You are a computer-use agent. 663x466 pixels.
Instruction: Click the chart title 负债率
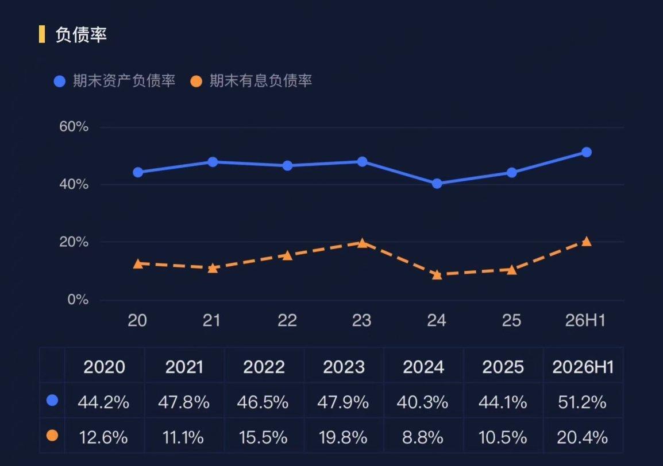[x=81, y=34]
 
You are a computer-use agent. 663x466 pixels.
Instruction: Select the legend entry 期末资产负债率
[x=114, y=81]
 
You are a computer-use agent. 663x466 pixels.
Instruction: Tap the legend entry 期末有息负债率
[x=251, y=81]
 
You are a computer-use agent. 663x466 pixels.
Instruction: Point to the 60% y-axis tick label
[x=74, y=126]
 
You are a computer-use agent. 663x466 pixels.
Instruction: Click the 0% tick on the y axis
[x=78, y=300]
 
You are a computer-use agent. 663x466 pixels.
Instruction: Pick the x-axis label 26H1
[x=585, y=320]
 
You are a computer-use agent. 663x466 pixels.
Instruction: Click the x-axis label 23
[x=361, y=320]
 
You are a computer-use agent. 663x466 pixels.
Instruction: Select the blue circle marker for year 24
[x=437, y=183]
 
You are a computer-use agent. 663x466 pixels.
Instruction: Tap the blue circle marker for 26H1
[x=587, y=152]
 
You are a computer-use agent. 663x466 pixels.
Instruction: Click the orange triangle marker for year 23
[x=362, y=243]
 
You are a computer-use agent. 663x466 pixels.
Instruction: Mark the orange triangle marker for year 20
[x=138, y=264]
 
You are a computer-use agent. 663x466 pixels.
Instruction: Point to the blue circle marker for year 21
[x=213, y=162]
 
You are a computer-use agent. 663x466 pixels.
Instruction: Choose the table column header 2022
[x=264, y=367]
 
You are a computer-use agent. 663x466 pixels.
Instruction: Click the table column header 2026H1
[x=583, y=367]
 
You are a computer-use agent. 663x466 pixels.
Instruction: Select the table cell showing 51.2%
[x=582, y=402]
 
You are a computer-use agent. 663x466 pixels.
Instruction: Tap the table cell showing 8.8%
[x=422, y=437]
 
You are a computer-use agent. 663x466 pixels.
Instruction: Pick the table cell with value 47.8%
[x=183, y=402]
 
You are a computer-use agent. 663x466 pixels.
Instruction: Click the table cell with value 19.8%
[x=343, y=437]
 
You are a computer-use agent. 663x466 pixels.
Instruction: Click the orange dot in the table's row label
[x=52, y=435]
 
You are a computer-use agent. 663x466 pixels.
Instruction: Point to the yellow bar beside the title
[x=41, y=34]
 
